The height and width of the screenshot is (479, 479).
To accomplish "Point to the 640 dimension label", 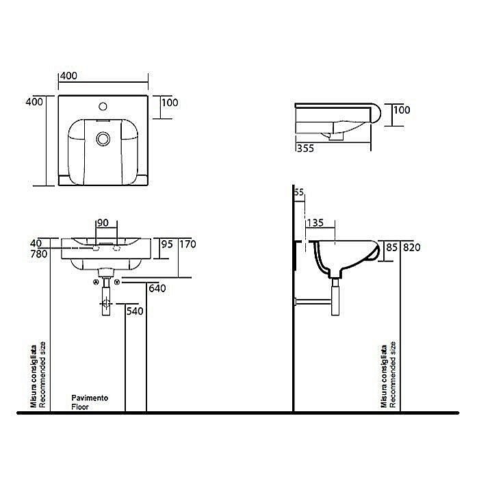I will pos(157,288).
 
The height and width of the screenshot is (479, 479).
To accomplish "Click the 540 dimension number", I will pos(135,311).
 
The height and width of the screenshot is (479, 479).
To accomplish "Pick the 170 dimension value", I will pos(187,243).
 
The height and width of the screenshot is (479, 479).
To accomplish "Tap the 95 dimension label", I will pos(166,243).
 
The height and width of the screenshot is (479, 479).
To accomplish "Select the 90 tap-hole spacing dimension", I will pos(103,223).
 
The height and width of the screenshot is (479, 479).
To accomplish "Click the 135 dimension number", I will pos(315,222).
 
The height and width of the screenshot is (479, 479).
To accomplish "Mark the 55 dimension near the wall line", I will pos(298,194).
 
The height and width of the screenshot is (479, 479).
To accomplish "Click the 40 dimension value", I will pos(36,243).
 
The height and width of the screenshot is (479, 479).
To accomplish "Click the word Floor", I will pos(80,406).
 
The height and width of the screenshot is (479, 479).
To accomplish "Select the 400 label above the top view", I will pos(68,75).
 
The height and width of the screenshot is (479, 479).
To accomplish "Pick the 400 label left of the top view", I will pos(35,102).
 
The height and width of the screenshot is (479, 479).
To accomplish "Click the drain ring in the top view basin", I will pos(103,139).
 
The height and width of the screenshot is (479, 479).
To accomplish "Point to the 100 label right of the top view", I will pos(170,103).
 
